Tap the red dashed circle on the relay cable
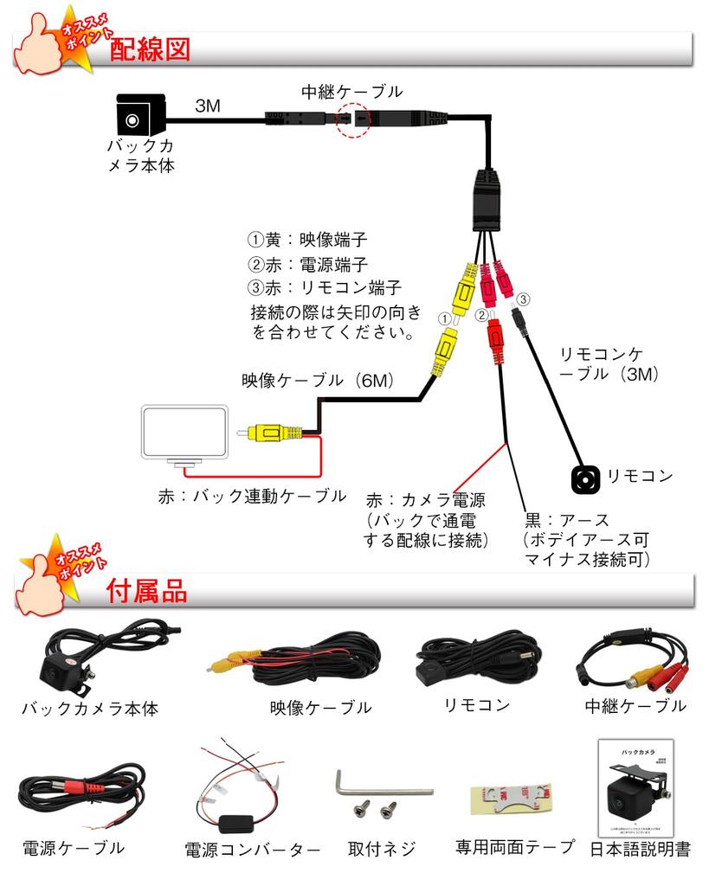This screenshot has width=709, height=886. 353,118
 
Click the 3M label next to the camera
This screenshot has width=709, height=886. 207,106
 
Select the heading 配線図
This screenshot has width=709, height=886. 149,49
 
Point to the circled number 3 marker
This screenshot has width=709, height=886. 522,299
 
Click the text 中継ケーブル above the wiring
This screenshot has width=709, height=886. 351,91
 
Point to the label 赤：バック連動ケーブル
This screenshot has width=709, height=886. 252,496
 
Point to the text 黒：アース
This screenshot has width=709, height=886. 567,520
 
